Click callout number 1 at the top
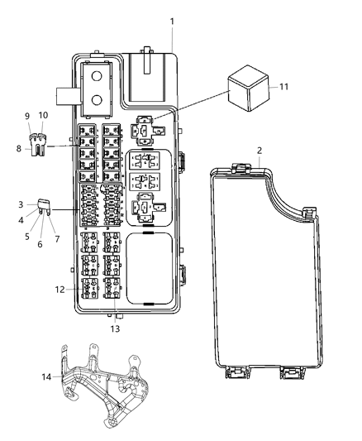tap(172, 20)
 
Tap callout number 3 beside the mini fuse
tap(21, 204)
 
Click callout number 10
tap(39, 244)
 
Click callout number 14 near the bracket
tap(43, 115)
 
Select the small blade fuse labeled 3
tap(115, 329)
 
